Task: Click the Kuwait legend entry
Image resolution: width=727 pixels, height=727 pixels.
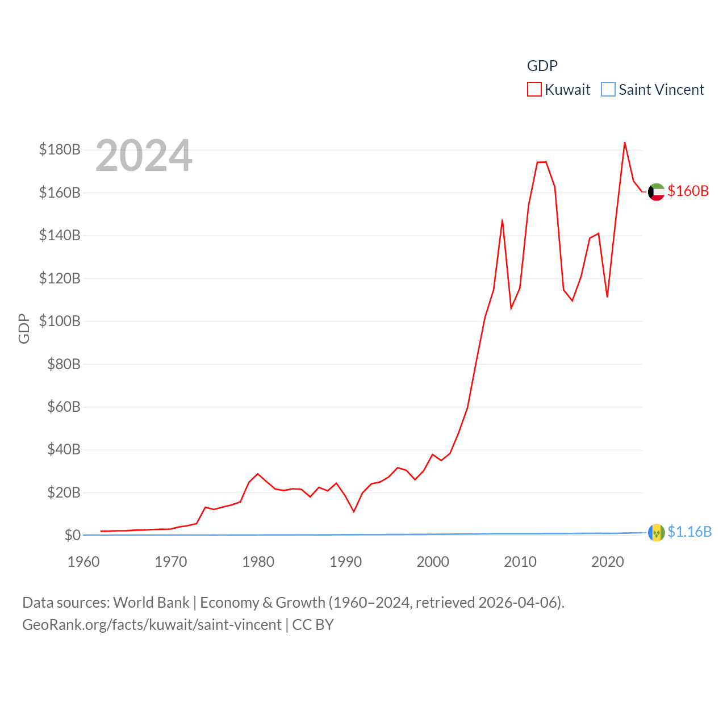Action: [x=559, y=90]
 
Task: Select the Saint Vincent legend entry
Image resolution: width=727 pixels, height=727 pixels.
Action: [x=653, y=90]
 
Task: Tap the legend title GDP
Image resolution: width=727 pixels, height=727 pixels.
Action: [x=542, y=66]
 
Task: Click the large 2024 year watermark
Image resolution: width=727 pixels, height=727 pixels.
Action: [x=144, y=156]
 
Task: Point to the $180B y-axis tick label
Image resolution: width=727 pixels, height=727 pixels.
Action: [x=60, y=149]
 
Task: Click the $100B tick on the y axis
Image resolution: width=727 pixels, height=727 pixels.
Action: [x=60, y=321]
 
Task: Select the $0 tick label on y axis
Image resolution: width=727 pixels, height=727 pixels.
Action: [x=72, y=535]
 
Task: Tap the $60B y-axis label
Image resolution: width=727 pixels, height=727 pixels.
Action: [x=64, y=407]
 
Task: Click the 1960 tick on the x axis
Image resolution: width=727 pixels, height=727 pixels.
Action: [x=83, y=562]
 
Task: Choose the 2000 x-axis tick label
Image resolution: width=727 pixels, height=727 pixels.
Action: [x=433, y=562]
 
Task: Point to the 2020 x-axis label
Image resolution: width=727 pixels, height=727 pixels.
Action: [x=608, y=562]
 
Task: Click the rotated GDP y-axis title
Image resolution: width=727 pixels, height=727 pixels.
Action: [x=24, y=328]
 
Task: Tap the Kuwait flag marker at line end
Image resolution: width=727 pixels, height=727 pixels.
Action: [x=656, y=192]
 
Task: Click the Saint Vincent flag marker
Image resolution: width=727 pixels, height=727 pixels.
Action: [x=656, y=533]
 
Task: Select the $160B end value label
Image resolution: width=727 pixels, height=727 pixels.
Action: [x=688, y=191]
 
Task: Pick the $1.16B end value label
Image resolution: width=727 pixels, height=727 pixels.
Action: [x=690, y=532]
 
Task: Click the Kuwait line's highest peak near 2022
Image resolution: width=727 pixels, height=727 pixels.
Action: [x=625, y=143]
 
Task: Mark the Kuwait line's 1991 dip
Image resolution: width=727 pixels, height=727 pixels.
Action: [x=354, y=512]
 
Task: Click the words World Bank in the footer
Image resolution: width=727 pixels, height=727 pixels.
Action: [x=152, y=602]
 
